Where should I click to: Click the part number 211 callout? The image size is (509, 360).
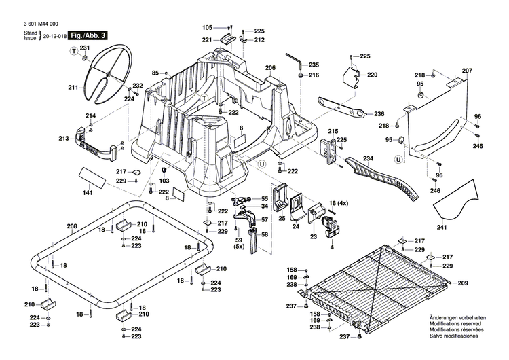coord(73,87)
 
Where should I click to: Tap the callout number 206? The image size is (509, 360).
coord(270,68)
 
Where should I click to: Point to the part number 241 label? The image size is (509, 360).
coord(442,228)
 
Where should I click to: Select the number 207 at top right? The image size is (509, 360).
coord(467,71)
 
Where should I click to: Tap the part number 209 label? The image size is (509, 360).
coord(463,283)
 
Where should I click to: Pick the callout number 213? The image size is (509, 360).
coord(64,139)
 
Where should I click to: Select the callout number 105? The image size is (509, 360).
coord(207,27)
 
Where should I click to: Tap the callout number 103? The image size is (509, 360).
coord(164,181)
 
